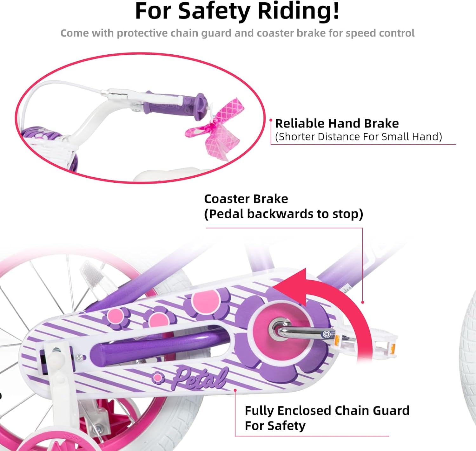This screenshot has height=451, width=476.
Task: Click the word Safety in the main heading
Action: pyautogui.click(x=214, y=11)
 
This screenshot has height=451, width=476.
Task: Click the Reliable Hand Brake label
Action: pyautogui.click(x=337, y=123)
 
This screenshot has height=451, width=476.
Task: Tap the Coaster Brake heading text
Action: pyautogui.click(x=246, y=199)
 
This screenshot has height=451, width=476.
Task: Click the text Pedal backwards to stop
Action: pyautogui.click(x=283, y=214)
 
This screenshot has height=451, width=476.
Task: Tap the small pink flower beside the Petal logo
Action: pyautogui.click(x=158, y=378)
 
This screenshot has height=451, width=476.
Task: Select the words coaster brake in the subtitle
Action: pyautogui.click(x=291, y=33)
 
